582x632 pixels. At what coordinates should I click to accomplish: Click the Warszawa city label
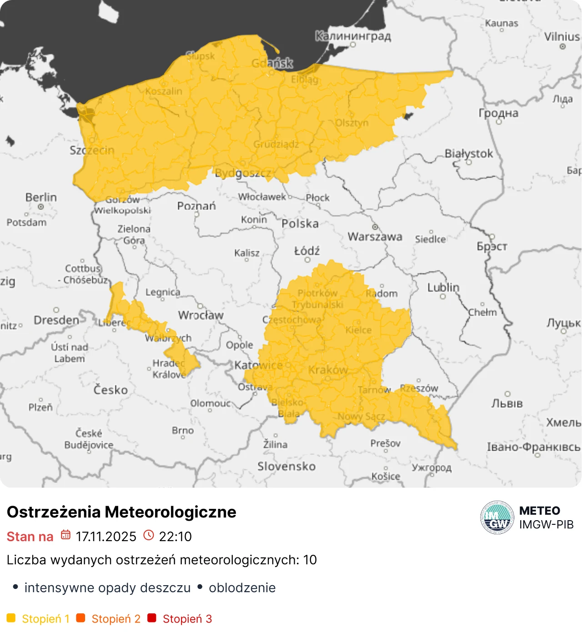click(375, 236)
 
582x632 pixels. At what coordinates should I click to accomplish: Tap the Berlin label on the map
click(41, 197)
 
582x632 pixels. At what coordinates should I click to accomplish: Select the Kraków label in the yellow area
click(328, 370)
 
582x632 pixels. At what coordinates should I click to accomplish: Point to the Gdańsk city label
click(272, 63)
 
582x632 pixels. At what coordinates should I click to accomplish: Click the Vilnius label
click(562, 36)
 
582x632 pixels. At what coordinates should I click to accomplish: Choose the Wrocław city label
click(201, 315)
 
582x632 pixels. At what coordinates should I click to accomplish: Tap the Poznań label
click(196, 206)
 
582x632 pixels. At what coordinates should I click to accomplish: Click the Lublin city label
click(443, 288)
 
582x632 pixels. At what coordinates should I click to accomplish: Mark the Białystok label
click(468, 154)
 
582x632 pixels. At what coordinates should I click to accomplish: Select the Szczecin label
click(92, 150)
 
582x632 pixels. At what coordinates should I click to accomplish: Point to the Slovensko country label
click(286, 466)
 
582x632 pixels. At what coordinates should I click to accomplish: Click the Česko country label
click(110, 390)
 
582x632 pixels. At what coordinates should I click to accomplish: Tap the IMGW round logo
click(497, 518)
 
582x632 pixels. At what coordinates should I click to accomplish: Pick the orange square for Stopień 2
click(81, 618)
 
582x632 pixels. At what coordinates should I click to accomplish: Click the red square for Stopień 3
click(152, 618)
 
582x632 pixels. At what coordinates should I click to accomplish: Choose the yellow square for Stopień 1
click(11, 618)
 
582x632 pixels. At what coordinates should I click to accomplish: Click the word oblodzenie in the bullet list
click(242, 587)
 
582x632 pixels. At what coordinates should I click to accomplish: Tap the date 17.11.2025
click(106, 537)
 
